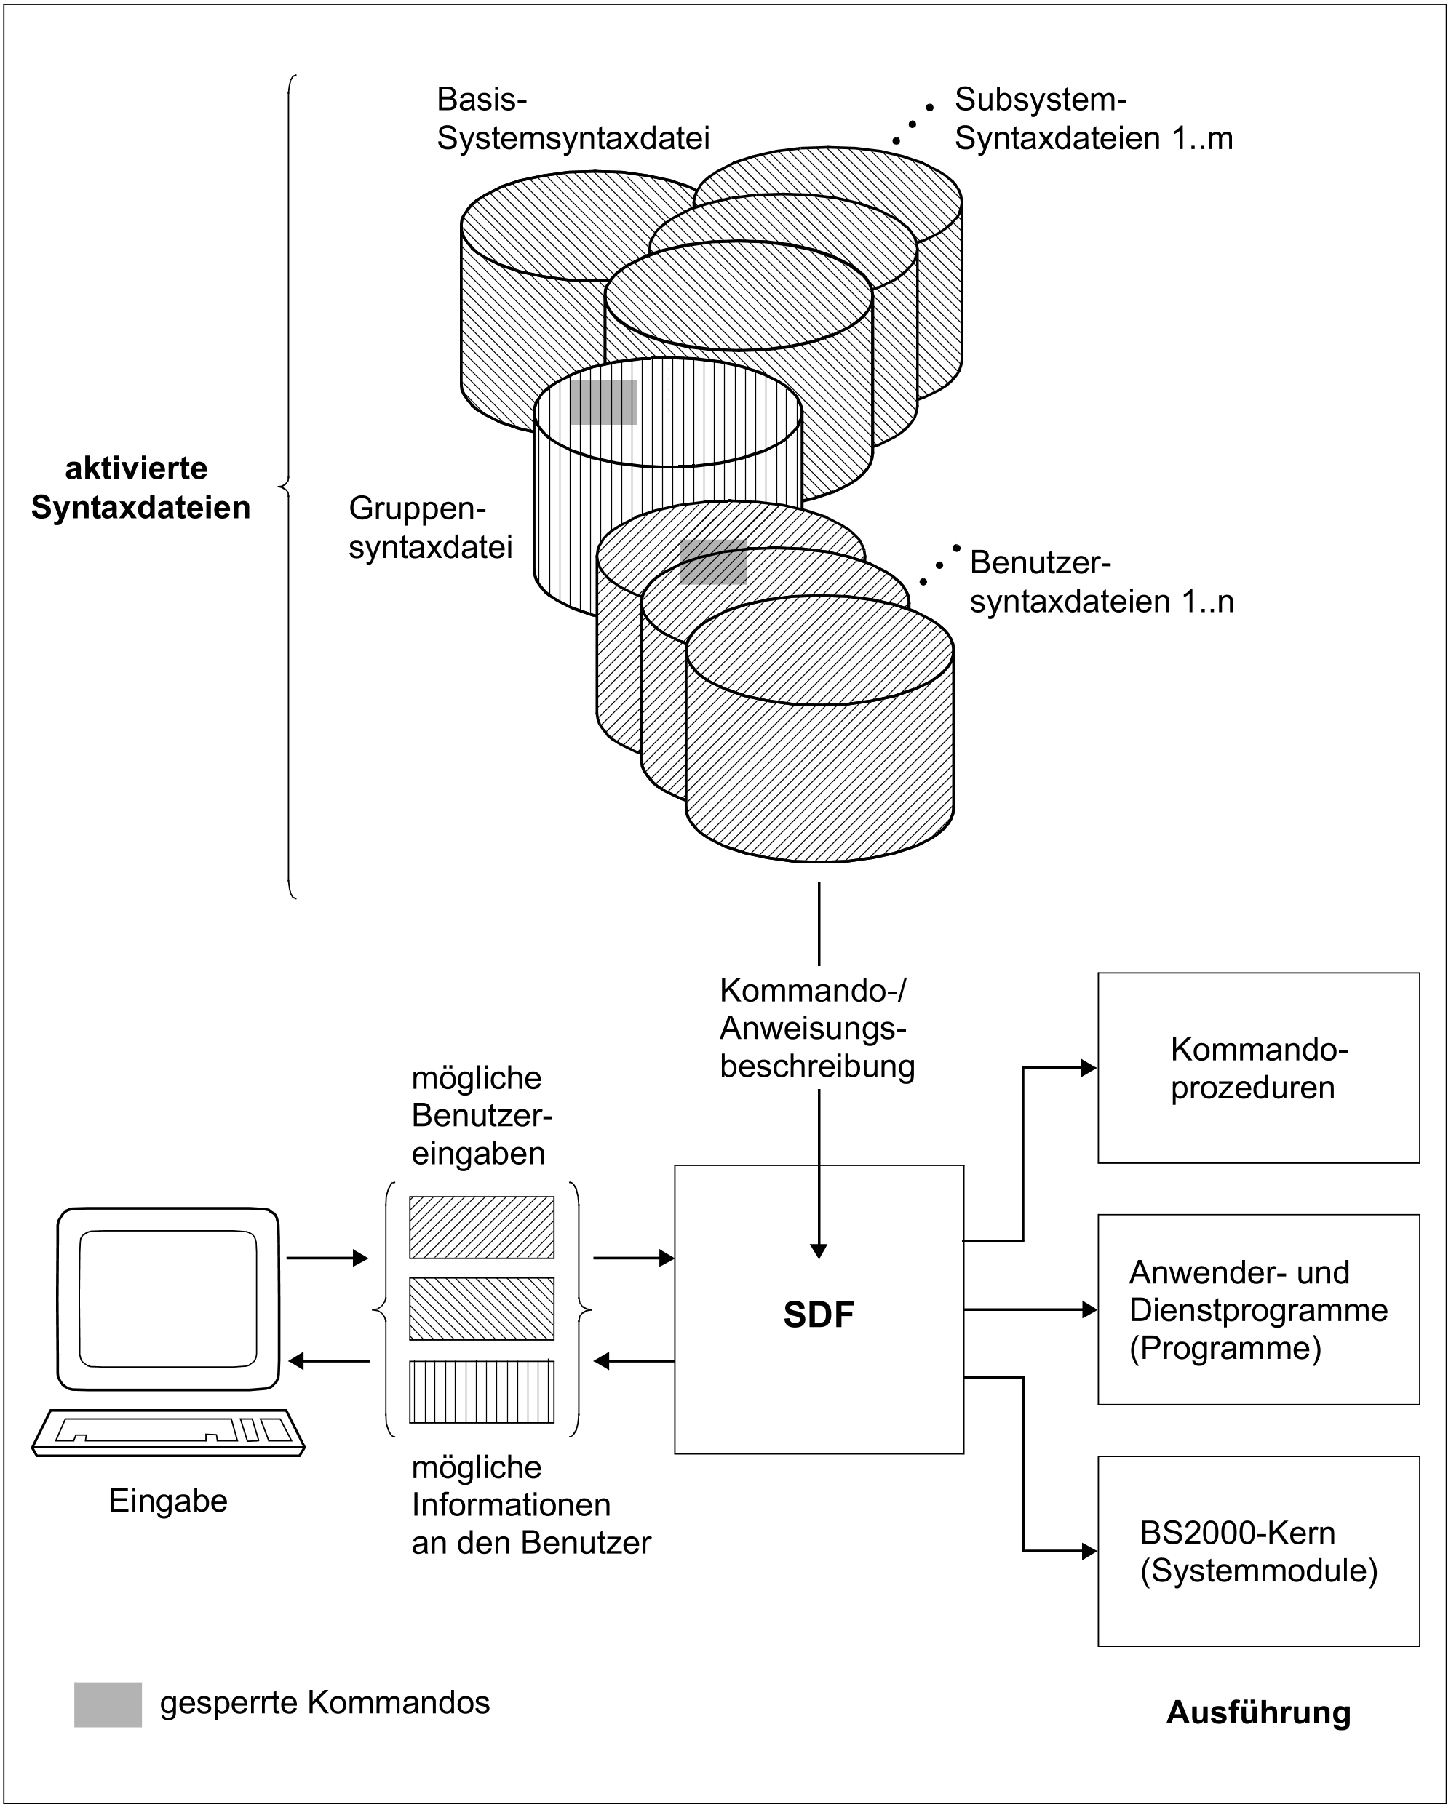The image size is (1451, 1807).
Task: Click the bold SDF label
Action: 818,1315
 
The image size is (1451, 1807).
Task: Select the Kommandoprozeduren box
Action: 1258,1068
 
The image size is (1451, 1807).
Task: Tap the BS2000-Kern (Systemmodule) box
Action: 1258,1552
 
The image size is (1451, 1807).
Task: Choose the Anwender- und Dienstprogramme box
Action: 1258,1309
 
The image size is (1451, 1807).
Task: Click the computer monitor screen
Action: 167,1299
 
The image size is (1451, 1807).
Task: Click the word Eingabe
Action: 167,1500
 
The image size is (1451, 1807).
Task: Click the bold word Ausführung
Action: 1257,1712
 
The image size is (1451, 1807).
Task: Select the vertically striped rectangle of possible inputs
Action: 481,1392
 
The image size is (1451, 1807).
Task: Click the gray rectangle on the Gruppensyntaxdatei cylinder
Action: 603,402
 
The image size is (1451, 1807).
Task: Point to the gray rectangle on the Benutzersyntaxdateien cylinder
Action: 713,562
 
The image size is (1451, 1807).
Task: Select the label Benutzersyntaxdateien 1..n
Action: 1102,582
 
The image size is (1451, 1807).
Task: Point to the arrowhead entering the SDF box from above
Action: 819,1251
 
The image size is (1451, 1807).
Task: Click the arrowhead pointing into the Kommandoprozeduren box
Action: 1089,1068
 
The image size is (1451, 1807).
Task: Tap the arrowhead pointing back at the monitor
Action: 296,1360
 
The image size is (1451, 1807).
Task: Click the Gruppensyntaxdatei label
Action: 430,527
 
